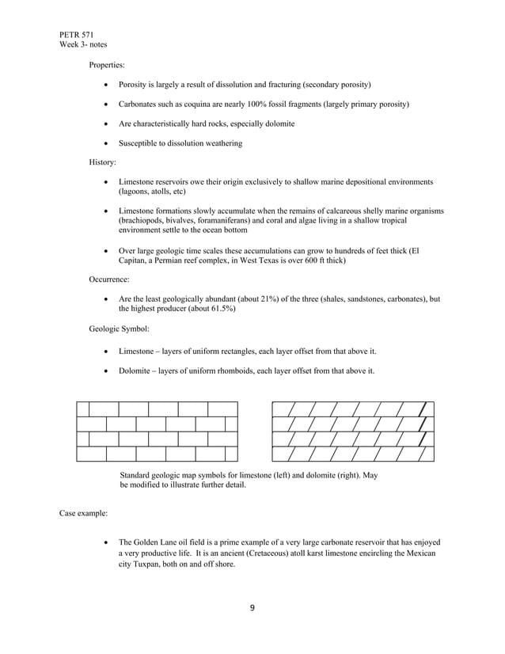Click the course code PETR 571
pyautogui.click(x=76, y=35)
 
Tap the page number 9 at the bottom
pyautogui.click(x=252, y=608)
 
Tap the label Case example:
pyautogui.click(x=84, y=513)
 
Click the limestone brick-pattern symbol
pyautogui.click(x=157, y=432)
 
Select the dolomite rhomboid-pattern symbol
pyautogui.click(x=352, y=432)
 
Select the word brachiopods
pyautogui.click(x=142, y=221)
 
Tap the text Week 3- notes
pyautogui.click(x=83, y=44)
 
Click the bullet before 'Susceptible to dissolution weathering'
pyautogui.click(x=108, y=143)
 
